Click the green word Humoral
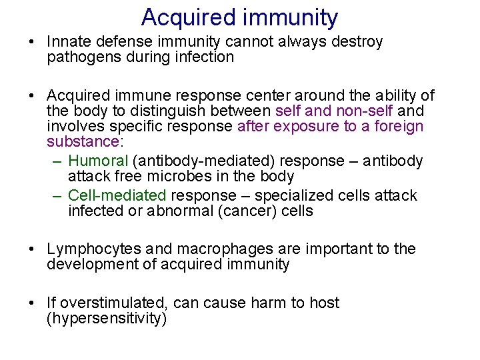tap(98, 161)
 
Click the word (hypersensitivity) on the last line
tap(107, 319)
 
